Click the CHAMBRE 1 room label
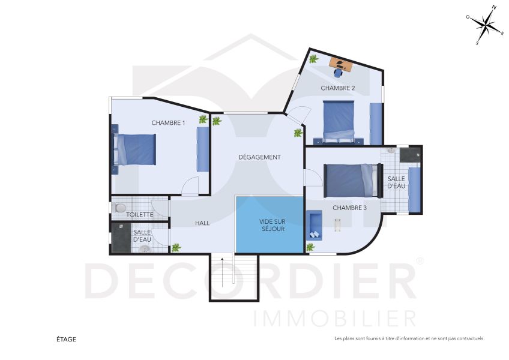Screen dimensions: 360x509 [x=168, y=123]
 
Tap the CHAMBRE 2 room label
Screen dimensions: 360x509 [x=337, y=88]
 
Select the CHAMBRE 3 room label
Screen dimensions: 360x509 [x=349, y=208]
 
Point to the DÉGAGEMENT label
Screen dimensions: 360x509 [x=259, y=157]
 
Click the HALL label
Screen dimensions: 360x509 [x=202, y=223]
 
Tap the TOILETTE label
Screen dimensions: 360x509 [x=139, y=214]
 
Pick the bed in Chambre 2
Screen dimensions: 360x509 [x=339, y=118]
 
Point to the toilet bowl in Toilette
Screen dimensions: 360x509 [x=119, y=208]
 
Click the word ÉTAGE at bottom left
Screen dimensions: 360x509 [x=66, y=340]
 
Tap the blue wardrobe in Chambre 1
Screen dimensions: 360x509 [x=202, y=150]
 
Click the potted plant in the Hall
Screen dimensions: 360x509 [x=176, y=247]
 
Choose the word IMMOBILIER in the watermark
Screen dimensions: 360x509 [x=335, y=318]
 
